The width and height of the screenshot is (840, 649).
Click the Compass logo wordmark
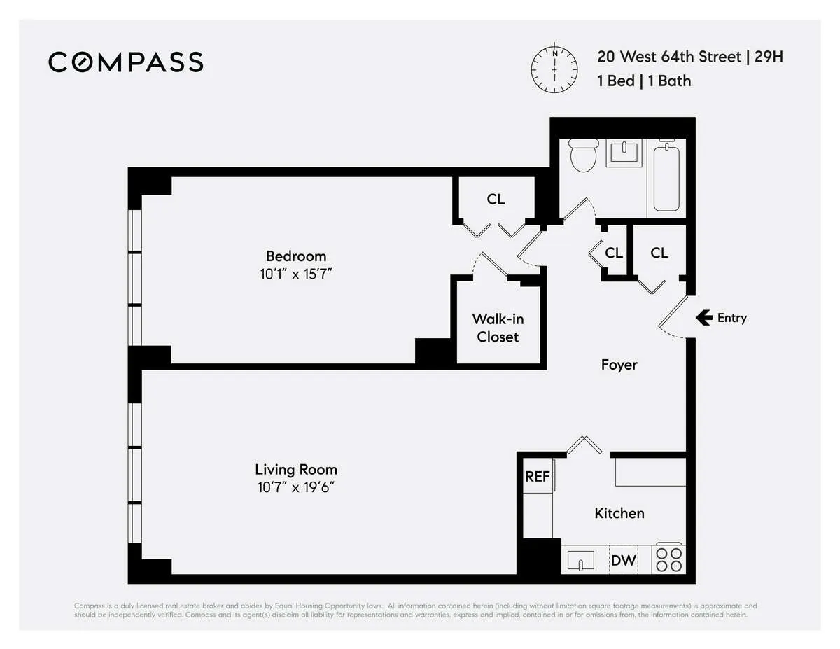coord(126,62)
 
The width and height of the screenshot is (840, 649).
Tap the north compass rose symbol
coord(554,69)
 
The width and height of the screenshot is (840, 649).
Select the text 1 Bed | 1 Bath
coord(643,81)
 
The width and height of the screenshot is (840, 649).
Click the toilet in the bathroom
coord(582,155)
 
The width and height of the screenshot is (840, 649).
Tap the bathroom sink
coord(623,153)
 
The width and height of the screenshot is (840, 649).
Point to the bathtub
coord(667,176)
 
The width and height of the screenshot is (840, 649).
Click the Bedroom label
coord(295,256)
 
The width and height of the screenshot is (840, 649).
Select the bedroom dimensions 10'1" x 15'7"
coord(295,274)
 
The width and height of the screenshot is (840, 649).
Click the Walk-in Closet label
coord(498,328)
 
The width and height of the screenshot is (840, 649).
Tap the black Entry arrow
coord(703,318)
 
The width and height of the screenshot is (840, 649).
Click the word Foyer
coord(619,365)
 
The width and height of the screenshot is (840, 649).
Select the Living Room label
coord(295,469)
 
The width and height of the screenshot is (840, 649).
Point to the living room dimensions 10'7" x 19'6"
coord(295,487)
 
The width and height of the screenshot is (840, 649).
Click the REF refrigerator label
coord(537,477)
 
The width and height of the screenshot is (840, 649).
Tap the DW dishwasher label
coord(623,560)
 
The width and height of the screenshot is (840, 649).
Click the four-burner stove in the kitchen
coord(668,559)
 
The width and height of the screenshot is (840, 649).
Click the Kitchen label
coord(619,513)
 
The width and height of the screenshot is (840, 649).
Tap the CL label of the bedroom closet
coord(496,200)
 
